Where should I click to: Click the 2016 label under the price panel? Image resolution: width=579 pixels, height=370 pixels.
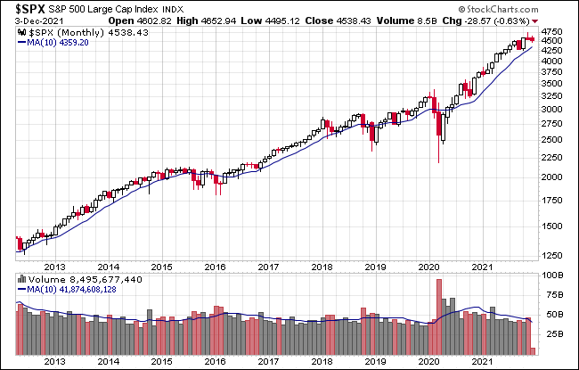coord(214,266)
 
